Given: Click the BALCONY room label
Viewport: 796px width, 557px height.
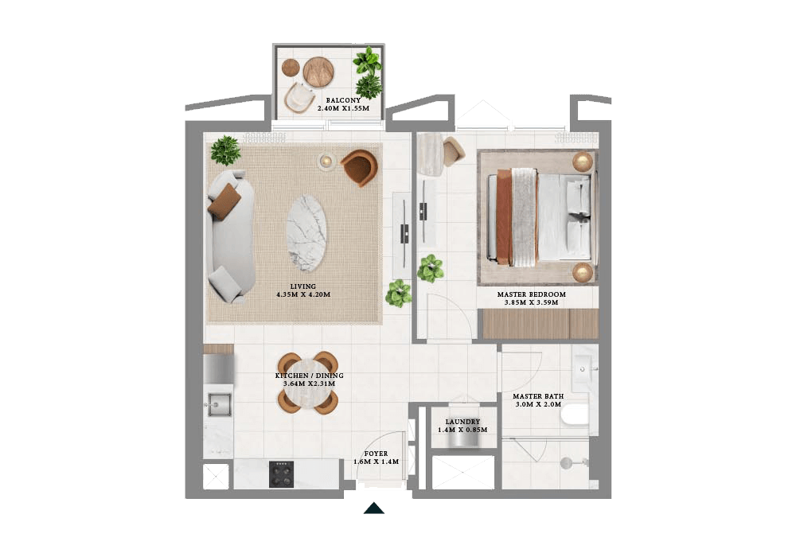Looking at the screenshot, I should click(x=343, y=101).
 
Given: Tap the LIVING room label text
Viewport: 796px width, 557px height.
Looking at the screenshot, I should click(x=302, y=286).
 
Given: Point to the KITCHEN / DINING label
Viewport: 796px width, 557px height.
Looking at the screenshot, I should click(x=309, y=376).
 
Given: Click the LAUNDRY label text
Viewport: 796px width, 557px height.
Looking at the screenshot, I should click(x=462, y=423).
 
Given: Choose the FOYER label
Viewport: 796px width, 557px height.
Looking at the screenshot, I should click(x=375, y=454).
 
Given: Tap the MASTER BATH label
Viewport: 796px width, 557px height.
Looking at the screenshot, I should click(x=537, y=396).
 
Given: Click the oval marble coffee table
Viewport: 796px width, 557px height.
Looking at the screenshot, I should click(x=306, y=235).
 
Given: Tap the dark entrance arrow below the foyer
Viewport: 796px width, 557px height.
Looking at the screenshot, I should click(x=373, y=508).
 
